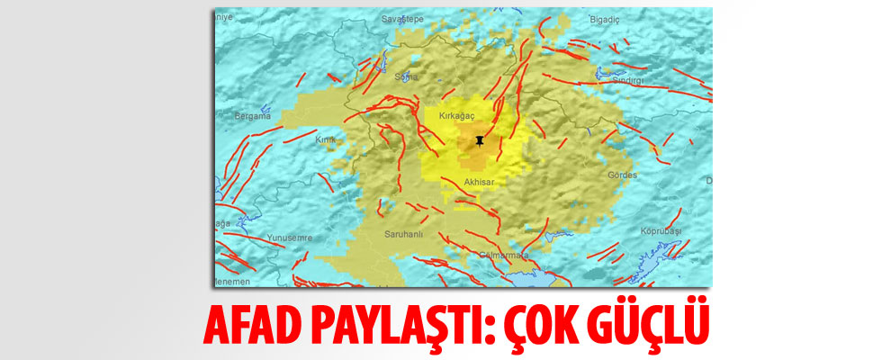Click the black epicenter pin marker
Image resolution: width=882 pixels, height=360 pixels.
click(x=480, y=141)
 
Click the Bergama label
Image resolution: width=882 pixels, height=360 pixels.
click(x=252, y=116)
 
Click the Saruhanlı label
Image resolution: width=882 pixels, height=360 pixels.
click(x=403, y=231)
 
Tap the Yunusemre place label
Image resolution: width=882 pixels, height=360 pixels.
click(x=289, y=238)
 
